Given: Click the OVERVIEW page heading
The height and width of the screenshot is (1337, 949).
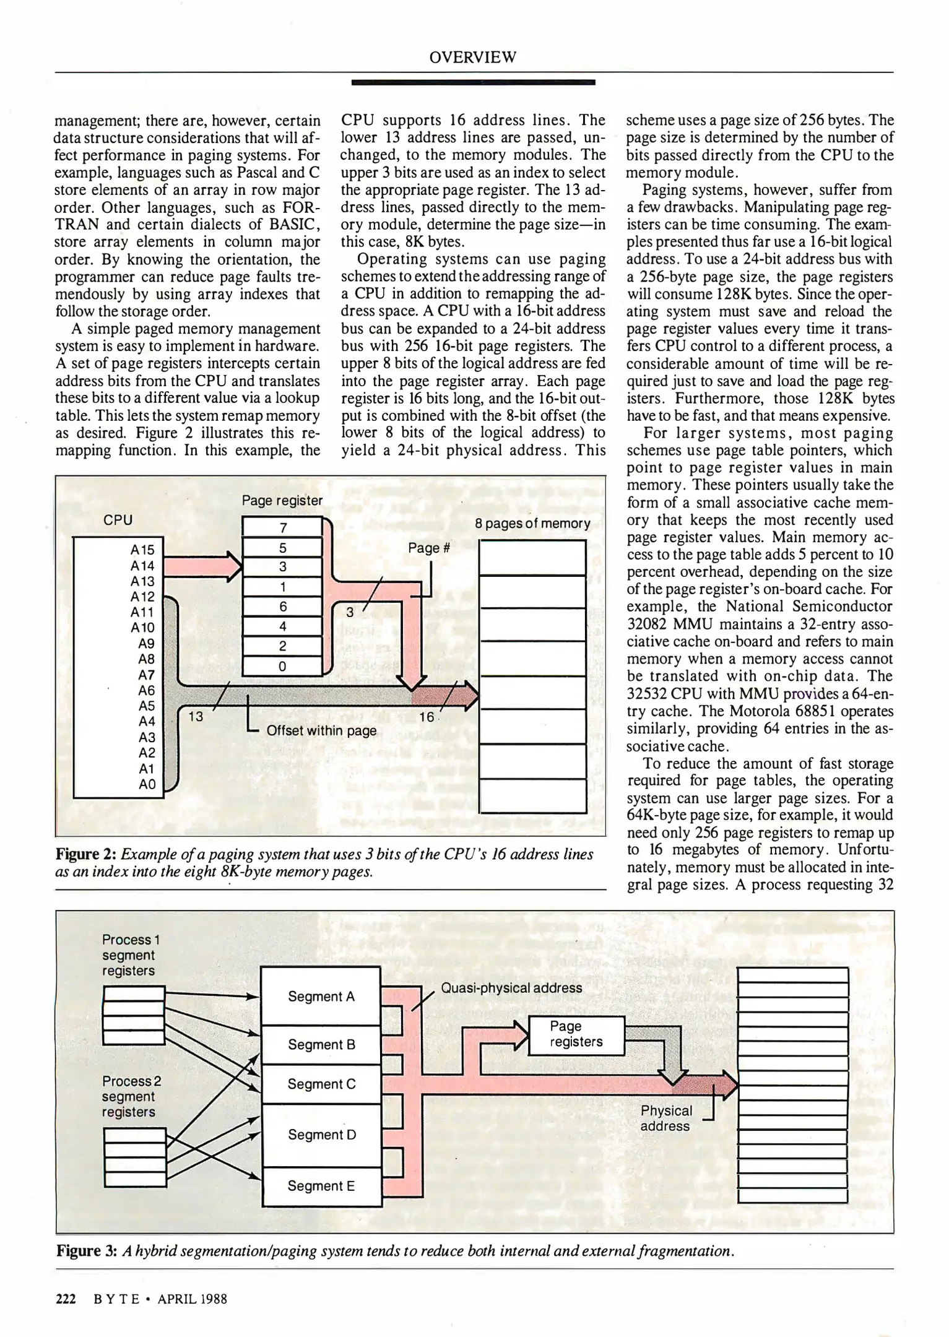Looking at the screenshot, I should coord(472,58).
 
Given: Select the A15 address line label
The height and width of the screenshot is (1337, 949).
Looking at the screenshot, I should coord(142,550).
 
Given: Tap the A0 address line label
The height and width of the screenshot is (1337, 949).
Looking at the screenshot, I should coord(147,784).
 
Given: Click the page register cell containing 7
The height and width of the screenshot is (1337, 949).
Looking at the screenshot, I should coord(282,527).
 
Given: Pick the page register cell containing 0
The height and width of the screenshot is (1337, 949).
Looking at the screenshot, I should coord(282,667).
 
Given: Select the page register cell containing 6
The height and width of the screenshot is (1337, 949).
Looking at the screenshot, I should coord(282,607).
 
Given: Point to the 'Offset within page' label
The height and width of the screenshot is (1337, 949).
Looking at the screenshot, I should coord(321,730).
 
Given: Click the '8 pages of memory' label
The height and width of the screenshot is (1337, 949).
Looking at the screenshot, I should coord(532,524).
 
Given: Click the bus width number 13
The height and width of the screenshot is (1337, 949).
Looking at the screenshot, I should coord(196,717).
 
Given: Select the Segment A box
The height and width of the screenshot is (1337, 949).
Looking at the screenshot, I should coord(321,996).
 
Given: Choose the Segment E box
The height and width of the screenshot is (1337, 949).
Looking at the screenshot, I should coord(321,1185).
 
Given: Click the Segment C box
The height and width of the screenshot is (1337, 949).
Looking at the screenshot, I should coord(321,1084).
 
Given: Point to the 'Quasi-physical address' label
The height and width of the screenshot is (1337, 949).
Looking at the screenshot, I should coord(511,987).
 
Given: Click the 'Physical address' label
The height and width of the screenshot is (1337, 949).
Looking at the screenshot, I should coord(665,1118).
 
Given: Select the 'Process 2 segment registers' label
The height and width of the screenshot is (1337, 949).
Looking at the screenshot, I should coord(131,1096).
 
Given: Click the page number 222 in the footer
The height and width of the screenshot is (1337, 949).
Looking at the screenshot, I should coord(66,1299).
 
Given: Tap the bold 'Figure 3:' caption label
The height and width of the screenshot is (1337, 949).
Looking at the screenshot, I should coord(87,1251).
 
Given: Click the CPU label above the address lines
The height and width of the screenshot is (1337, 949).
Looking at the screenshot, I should coord(118,520).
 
